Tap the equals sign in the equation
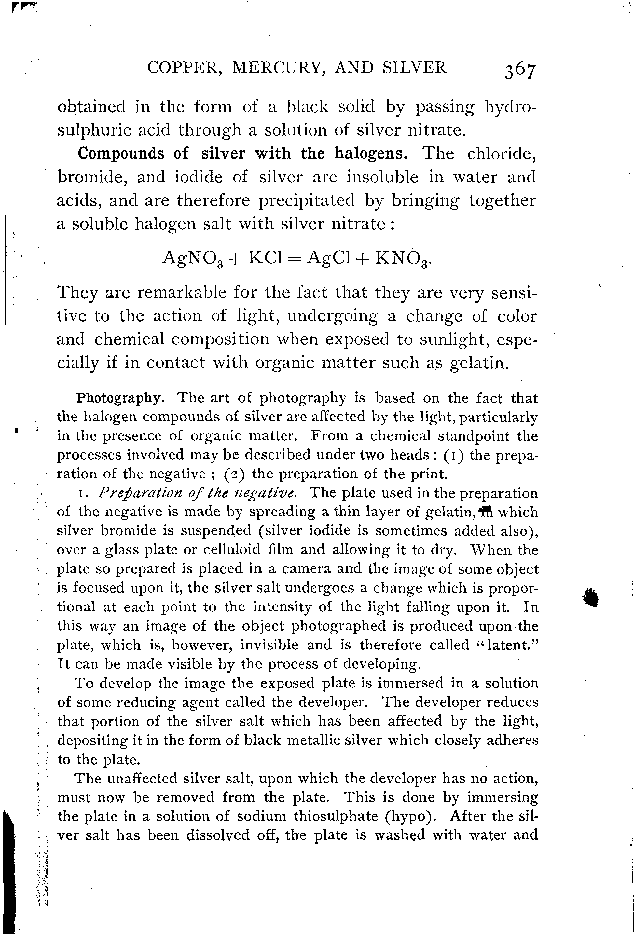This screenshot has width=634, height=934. [x=293, y=258]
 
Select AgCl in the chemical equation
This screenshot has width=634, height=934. [x=326, y=258]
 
